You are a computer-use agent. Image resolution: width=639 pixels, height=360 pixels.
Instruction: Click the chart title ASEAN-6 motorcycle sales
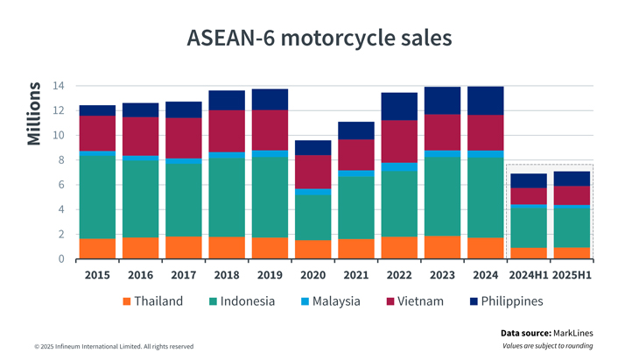pyautogui.click(x=319, y=39)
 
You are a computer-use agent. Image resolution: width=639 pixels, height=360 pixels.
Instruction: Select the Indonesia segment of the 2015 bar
pyautogui.click(x=97, y=197)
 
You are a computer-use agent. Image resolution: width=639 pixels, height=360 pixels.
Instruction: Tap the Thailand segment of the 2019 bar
pyautogui.click(x=270, y=248)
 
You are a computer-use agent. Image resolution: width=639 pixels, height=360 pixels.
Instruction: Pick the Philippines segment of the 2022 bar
pyautogui.click(x=398, y=106)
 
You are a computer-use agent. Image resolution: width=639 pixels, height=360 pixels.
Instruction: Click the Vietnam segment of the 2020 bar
pyautogui.click(x=312, y=172)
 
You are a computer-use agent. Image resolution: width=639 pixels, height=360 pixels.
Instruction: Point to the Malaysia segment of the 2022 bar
pyautogui.click(x=398, y=167)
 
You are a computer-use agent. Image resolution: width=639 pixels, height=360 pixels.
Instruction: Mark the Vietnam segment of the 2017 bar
pyautogui.click(x=183, y=138)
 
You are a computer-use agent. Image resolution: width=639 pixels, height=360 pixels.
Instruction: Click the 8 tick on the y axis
pyautogui.click(x=60, y=160)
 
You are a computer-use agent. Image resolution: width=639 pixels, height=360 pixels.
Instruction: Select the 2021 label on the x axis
pyautogui.click(x=355, y=274)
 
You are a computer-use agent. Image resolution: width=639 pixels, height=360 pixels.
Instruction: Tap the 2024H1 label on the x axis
pyautogui.click(x=527, y=274)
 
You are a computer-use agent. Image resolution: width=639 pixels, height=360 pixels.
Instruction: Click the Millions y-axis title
pyautogui.click(x=34, y=114)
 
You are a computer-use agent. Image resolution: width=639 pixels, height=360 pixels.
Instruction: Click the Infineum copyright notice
pyautogui.click(x=114, y=347)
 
